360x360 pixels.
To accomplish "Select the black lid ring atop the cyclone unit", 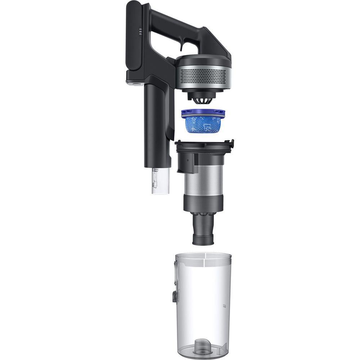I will pos(203,145).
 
